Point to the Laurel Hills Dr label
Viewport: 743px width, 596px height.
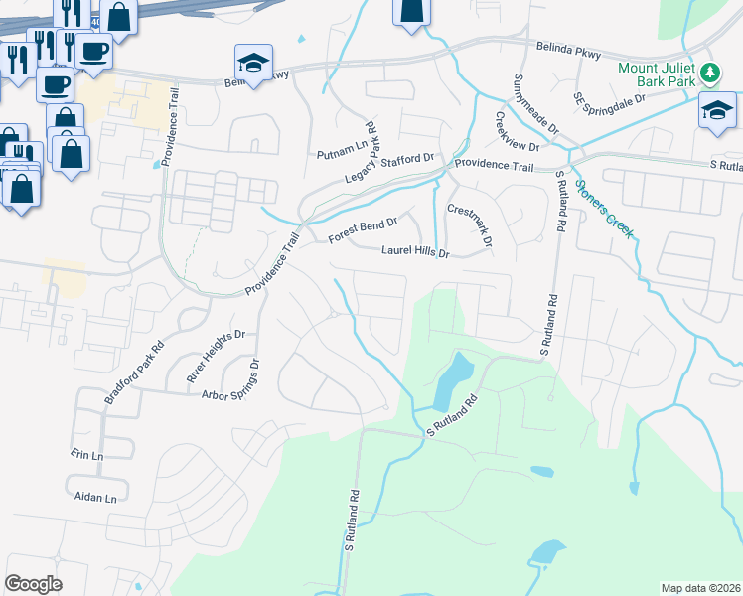pos(416,253)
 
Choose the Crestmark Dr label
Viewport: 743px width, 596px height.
pos(470,225)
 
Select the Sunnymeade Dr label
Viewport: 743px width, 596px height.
pos(525,104)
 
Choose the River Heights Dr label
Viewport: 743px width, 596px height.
pos(216,358)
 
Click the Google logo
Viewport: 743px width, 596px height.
pos(33,584)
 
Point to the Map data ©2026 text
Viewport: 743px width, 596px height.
pos(700,588)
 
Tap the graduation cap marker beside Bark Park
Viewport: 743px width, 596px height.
pos(716,109)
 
